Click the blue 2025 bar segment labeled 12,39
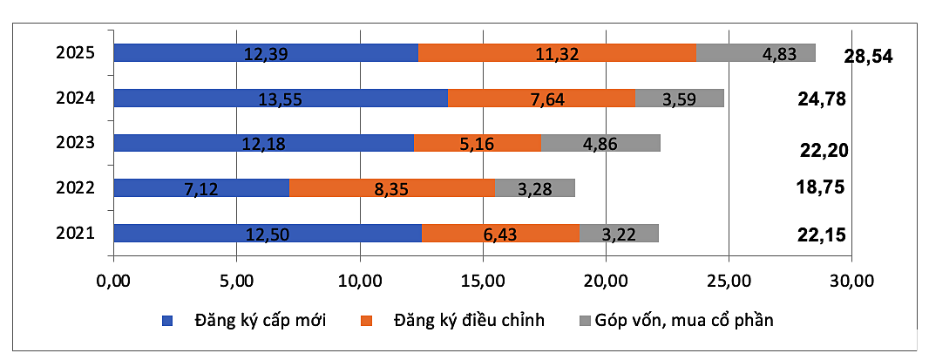(266, 53)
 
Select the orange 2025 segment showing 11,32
(557, 53)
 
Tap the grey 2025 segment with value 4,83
(756, 53)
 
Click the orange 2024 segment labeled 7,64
(541, 98)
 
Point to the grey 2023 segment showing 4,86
(600, 143)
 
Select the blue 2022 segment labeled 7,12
(201, 187)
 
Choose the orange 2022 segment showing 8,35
(391, 187)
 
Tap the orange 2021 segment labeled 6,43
(500, 233)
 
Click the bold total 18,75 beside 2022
(821, 187)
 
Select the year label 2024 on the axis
(74, 98)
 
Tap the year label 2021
(74, 233)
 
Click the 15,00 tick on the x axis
(483, 281)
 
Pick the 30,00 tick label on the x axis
(851, 281)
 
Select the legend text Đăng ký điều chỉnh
(469, 320)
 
